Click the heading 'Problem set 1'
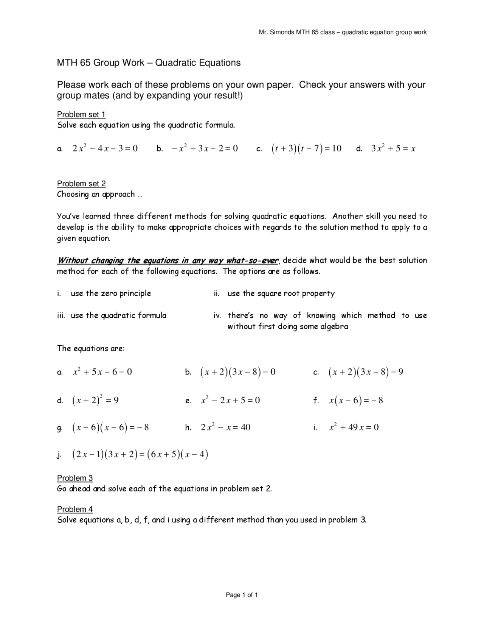pos(81,114)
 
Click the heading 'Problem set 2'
pos(81,184)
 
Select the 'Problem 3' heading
pos(74,478)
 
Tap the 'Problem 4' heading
pos(74,509)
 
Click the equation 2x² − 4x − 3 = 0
pos(105,148)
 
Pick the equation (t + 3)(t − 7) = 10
pos(306,148)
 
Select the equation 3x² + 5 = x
pos(393,148)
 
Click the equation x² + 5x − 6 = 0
pos(102,372)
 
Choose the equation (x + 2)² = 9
pos(95,400)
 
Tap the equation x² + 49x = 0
pos(354,427)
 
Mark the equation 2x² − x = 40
pos(225,427)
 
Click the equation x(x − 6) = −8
pos(356,400)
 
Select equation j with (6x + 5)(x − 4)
pos(140,454)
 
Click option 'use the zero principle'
pos(111,293)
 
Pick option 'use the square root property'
pos(281,293)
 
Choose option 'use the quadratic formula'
pos(118,315)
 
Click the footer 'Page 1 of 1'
pos(242,595)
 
